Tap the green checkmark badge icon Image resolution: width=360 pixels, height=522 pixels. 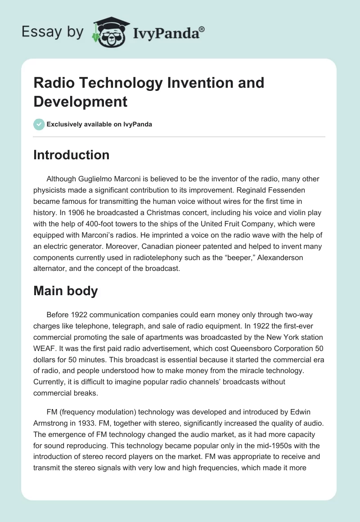tap(39, 124)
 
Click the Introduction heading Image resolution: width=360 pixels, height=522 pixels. tap(72, 155)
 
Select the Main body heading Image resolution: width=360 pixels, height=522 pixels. tap(66, 291)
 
